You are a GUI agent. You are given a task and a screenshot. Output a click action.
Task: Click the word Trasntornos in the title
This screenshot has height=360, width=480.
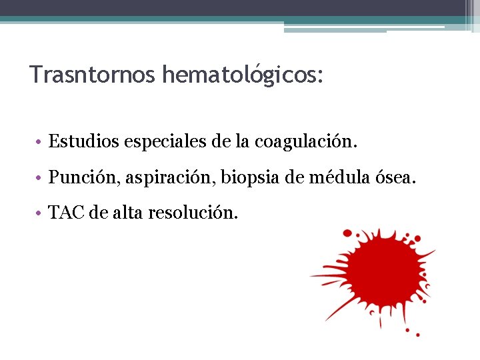click(x=92, y=74)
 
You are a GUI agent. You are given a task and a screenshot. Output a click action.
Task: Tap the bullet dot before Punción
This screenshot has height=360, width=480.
click(x=40, y=179)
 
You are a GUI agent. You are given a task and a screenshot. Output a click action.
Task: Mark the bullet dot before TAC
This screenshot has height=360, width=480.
click(x=40, y=215)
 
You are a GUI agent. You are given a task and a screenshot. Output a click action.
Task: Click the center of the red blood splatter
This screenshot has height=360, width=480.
click(x=377, y=274)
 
